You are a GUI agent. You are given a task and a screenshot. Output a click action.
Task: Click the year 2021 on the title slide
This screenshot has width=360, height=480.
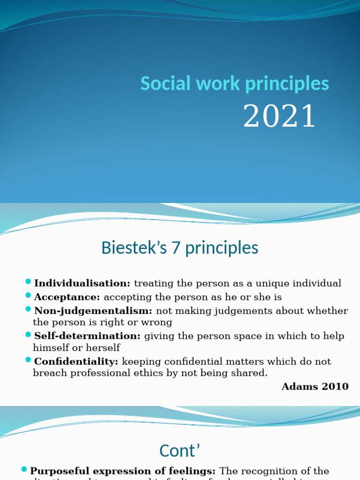click(x=279, y=116)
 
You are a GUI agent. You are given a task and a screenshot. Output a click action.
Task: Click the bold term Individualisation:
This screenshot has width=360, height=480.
click(x=82, y=283)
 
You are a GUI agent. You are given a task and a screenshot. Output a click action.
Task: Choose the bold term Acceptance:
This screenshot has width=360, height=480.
click(x=67, y=297)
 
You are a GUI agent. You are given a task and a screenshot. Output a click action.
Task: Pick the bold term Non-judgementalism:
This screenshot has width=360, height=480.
click(x=93, y=310)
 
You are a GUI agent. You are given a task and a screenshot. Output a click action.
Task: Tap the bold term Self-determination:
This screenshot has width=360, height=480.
click(x=87, y=336)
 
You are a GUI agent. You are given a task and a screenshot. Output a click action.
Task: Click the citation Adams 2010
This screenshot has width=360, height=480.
click(x=315, y=387)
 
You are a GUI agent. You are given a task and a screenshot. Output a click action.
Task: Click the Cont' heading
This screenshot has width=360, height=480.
click(x=180, y=450)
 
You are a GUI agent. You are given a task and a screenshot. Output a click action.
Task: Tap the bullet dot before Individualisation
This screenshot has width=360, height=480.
click(x=29, y=282)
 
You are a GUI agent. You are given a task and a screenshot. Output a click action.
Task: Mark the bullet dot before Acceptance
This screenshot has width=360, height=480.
click(x=29, y=295)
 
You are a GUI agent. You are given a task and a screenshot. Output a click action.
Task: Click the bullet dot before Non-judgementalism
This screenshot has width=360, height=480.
click(x=29, y=309)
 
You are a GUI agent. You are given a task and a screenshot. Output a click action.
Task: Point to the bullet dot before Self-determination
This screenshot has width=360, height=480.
click(x=29, y=334)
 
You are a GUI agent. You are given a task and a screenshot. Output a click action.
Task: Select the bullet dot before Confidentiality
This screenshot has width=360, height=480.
click(x=29, y=360)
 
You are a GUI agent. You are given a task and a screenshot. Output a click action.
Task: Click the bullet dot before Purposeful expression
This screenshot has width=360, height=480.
click(x=24, y=470)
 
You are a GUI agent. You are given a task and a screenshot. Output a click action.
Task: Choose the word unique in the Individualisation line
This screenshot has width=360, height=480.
click(x=271, y=284)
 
